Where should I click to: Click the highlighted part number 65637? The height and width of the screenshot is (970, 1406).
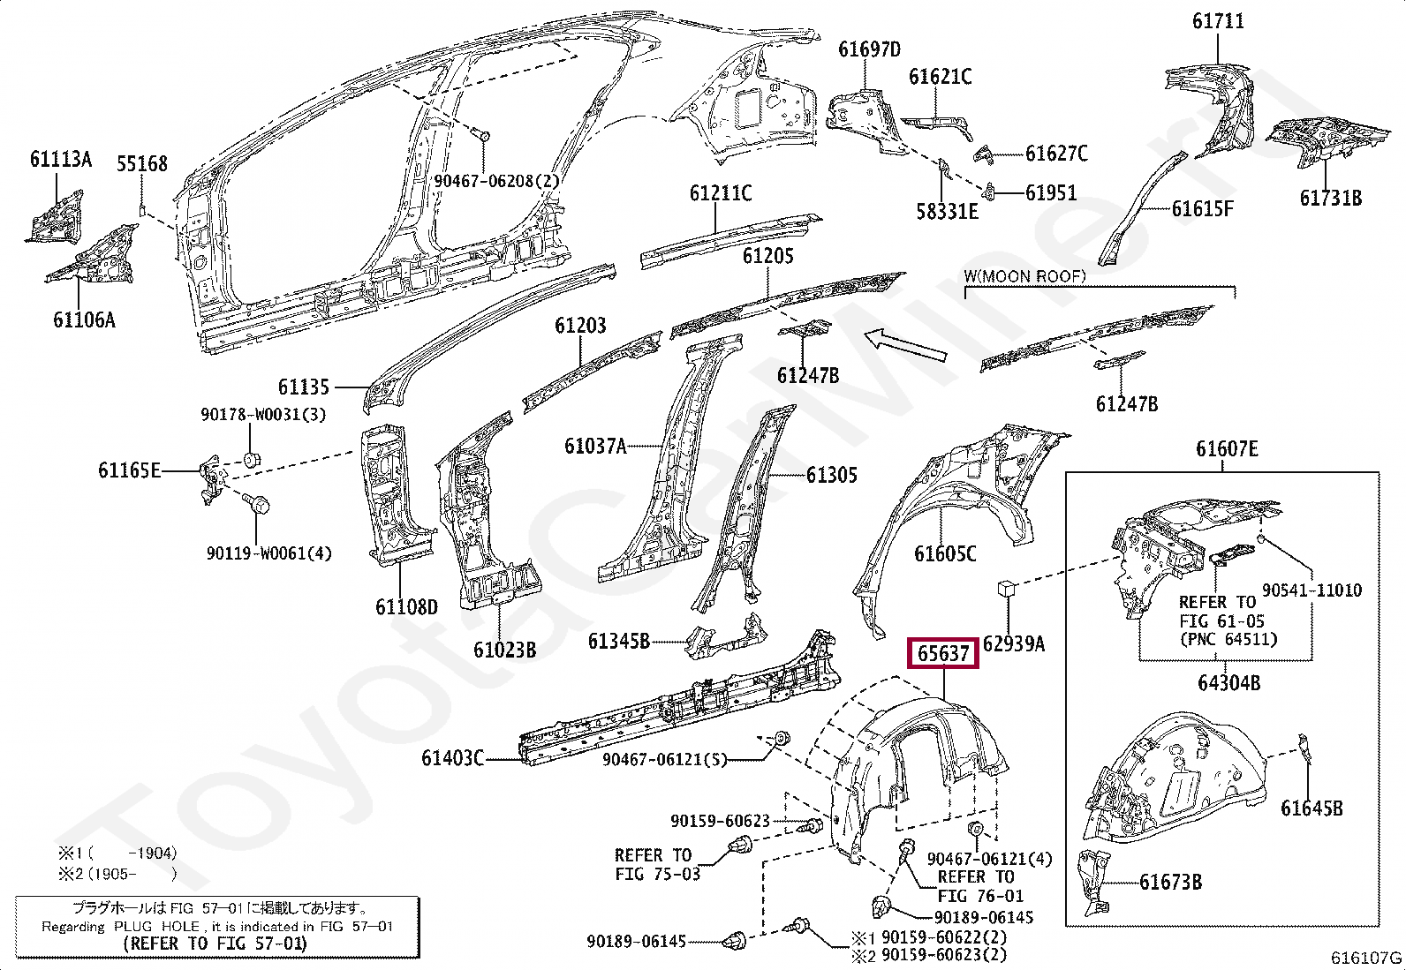(944, 653)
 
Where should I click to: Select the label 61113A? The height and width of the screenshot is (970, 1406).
(60, 159)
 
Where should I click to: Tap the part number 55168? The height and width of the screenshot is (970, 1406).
(142, 163)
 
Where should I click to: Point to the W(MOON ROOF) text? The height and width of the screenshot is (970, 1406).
(1024, 276)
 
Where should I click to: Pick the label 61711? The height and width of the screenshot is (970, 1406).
(1218, 20)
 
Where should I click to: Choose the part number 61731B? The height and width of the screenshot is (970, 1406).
(1330, 198)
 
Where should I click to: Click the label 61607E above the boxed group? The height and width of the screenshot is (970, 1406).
(1227, 449)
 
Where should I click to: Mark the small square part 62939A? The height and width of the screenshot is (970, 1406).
(1006, 590)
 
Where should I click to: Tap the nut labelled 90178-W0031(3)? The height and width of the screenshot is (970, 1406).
(250, 459)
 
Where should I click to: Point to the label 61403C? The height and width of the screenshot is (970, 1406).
(452, 758)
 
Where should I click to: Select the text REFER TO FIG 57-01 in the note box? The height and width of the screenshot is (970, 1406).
(215, 944)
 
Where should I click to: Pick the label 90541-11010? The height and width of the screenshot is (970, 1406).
(1312, 590)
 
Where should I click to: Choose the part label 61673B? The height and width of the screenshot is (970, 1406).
(1170, 882)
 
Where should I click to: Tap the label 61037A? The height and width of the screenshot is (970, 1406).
(595, 447)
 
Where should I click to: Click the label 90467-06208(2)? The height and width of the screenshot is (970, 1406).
(497, 181)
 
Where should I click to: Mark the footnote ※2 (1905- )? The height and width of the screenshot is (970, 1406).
(117, 874)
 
